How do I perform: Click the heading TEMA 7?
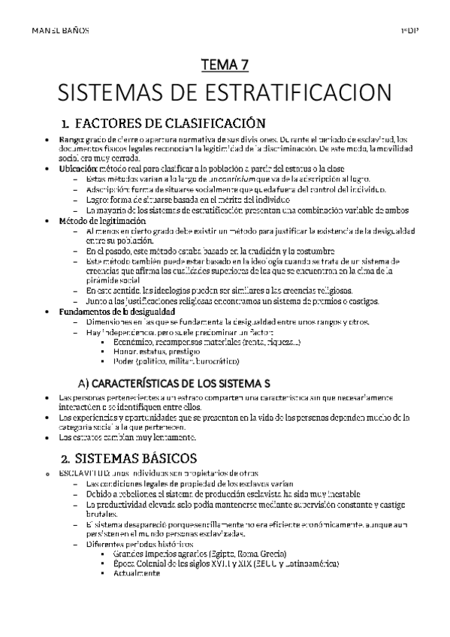225,65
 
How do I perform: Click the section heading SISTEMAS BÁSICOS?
140,457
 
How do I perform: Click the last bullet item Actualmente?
137,573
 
